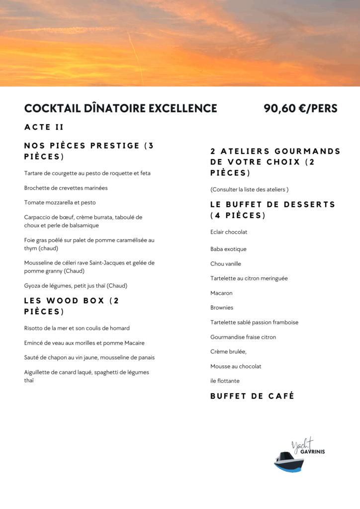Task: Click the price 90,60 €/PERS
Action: pos(300,108)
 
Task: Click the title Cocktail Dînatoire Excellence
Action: pos(121,108)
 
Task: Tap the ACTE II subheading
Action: pos(44,127)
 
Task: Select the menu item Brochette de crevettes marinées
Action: pos(66,188)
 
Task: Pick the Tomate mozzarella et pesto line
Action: pos(60,203)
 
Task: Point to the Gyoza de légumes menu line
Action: pos(76,286)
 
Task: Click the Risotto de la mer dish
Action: pos(77,328)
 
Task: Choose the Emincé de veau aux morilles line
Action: pos(85,343)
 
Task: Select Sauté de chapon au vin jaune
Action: pos(90,357)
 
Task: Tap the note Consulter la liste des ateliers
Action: pos(249,189)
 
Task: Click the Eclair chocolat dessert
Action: pos(229,232)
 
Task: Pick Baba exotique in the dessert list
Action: pos(228,249)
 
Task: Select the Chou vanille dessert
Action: pos(226,264)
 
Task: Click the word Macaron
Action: pos(221,293)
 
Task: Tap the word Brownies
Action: pos(222,308)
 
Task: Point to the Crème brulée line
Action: pos(228,351)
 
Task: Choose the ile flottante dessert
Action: pos(225,381)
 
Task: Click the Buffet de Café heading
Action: pos(252,396)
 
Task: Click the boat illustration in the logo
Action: pos(289,461)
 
